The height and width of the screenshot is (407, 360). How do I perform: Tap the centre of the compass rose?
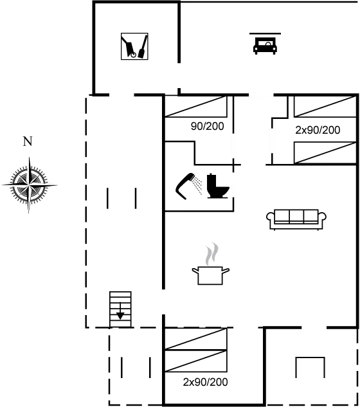tap(29, 184)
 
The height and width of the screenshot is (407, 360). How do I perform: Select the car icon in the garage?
tap(262, 46)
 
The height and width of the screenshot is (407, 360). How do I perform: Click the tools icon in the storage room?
tap(136, 47)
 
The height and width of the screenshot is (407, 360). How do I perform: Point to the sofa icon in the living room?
tap(296, 219)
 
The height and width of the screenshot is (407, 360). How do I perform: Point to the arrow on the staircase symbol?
tap(120, 314)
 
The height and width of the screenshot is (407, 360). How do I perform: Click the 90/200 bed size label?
tap(207, 127)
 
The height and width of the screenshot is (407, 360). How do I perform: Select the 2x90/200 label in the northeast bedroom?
tap(318, 130)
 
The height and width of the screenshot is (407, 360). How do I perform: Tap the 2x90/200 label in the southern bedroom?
tap(206, 382)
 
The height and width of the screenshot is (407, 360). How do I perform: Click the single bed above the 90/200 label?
tap(197, 107)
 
